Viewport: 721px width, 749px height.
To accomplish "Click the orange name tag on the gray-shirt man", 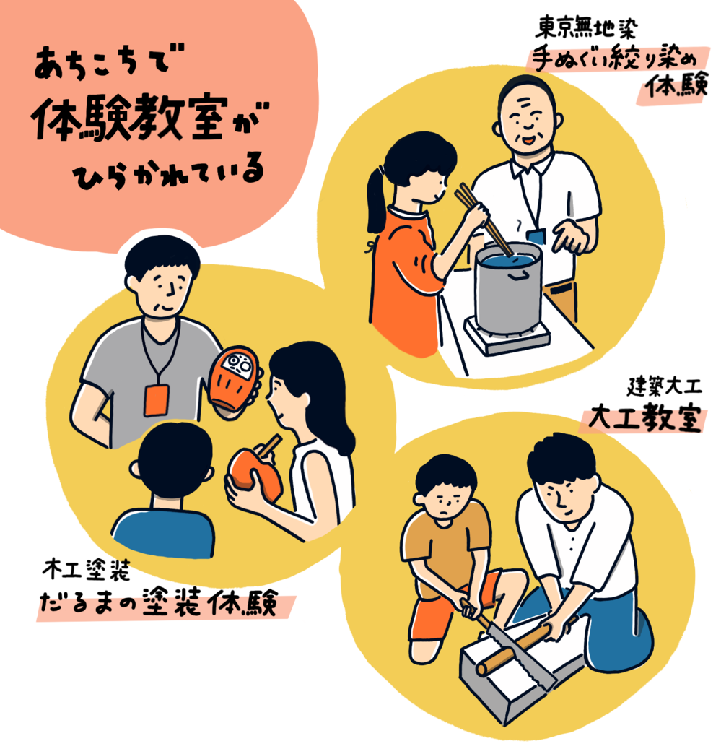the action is pos(156,400).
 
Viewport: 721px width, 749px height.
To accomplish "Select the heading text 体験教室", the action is pos(130,118).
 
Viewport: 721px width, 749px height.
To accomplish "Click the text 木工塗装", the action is pos(86,570).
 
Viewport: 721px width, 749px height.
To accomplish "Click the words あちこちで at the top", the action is pos(103,63).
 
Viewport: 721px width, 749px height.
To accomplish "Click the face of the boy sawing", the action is pos(445,500).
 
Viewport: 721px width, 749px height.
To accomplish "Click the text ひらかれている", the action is pos(169,173).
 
